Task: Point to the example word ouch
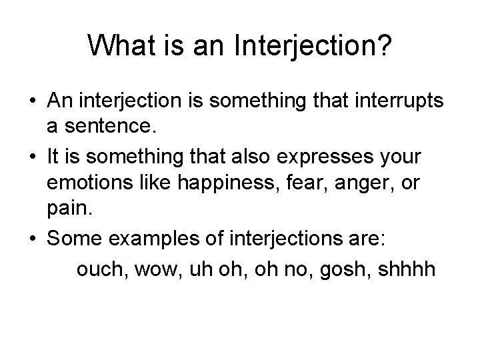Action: tap(101, 270)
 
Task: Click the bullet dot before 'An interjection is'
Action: tap(32, 101)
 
